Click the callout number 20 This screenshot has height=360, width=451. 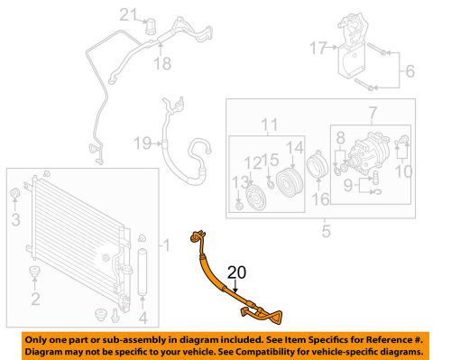[236, 273]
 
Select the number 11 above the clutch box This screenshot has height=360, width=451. [267, 124]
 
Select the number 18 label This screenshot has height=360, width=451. [162, 62]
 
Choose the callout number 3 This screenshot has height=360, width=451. [14, 219]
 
